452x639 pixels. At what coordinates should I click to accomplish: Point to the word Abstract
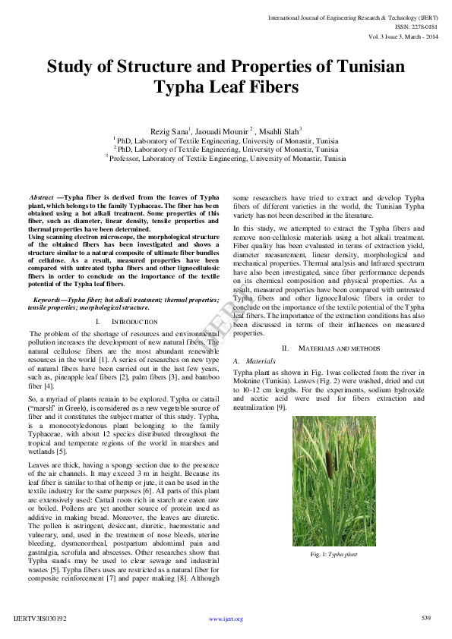[x=41, y=197]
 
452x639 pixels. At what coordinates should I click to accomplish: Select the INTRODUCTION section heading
[x=134, y=322]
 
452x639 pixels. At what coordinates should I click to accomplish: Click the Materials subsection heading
[x=255, y=361]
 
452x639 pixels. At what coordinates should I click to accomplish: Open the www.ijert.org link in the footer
[x=226, y=619]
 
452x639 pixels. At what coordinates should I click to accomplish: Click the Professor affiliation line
[x=226, y=159]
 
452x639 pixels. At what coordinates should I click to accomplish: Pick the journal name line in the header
[x=353, y=16]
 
